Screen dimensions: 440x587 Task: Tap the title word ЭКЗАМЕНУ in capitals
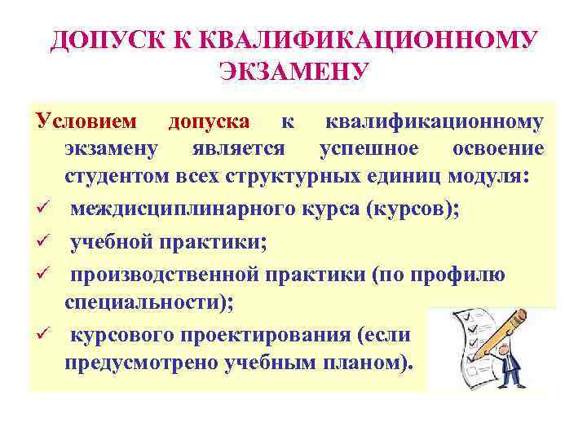coord(293,73)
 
